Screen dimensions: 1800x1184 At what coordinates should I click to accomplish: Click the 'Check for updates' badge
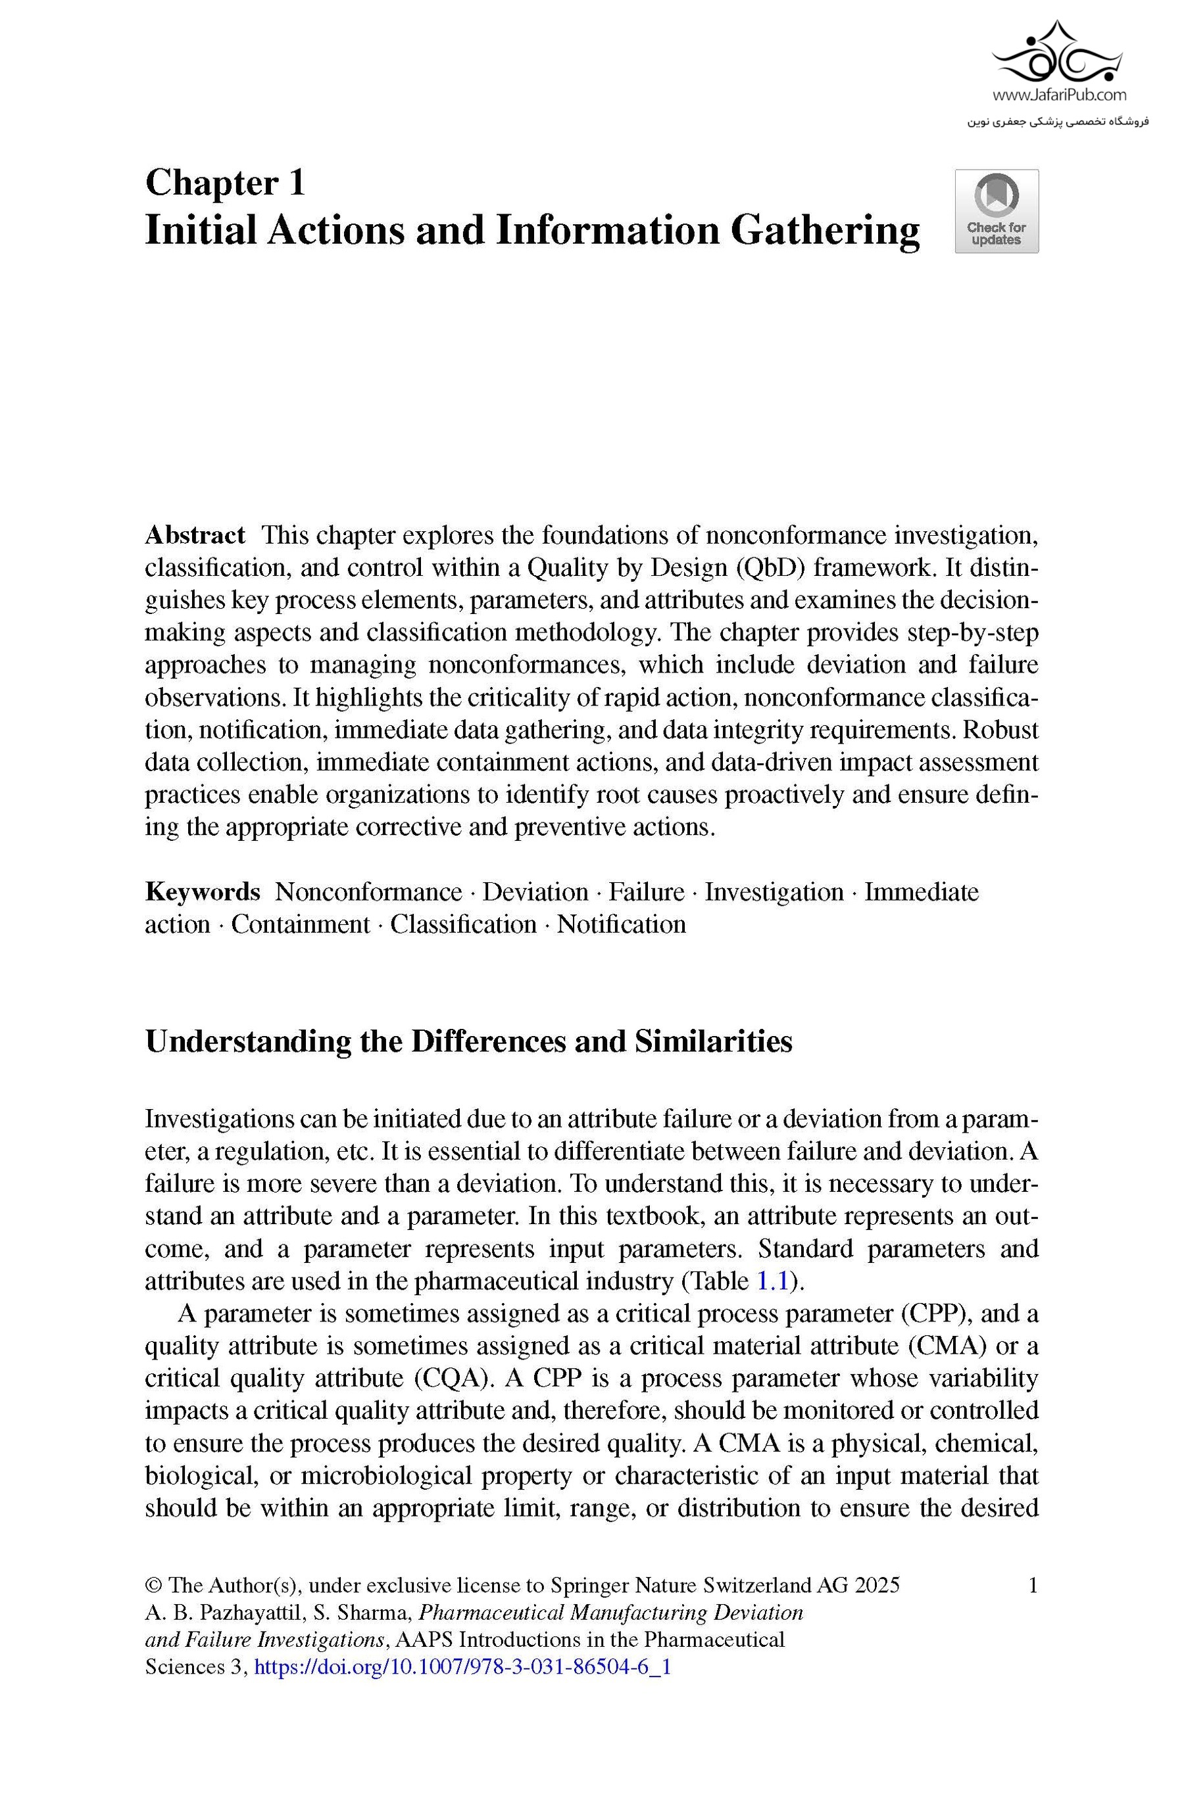click(996, 211)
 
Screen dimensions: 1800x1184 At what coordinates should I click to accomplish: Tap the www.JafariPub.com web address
click(1058, 95)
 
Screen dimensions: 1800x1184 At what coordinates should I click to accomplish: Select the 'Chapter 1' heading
click(225, 183)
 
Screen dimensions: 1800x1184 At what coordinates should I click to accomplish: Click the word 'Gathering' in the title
click(825, 231)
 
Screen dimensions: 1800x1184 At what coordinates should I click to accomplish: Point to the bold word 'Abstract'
click(195, 534)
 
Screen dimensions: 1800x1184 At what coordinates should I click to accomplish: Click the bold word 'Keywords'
click(202, 891)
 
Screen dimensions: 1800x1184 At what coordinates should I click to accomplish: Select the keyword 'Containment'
click(301, 924)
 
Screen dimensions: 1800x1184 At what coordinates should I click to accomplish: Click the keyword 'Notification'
click(621, 924)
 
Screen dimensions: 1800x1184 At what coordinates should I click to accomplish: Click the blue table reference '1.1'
click(772, 1281)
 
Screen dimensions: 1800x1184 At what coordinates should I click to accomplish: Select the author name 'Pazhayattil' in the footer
click(253, 1613)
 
